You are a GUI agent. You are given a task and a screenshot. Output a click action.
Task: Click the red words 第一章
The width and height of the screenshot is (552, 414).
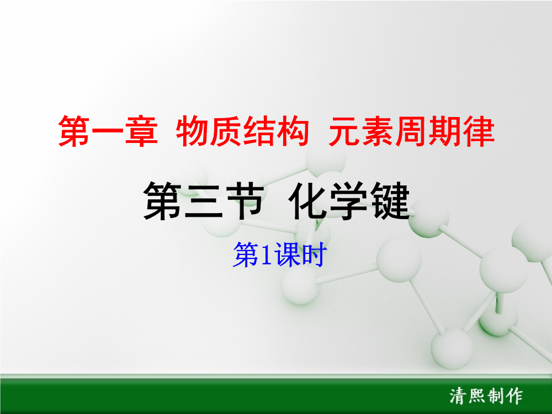tap(108, 131)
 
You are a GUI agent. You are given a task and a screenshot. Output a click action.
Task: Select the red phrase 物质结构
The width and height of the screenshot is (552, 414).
tap(242, 131)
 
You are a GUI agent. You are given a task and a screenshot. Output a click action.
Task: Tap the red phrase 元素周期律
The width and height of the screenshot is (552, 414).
tap(412, 131)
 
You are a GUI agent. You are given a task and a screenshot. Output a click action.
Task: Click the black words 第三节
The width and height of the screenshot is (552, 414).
tap(204, 201)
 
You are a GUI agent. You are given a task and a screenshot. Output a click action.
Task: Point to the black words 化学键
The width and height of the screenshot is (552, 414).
tap(349, 201)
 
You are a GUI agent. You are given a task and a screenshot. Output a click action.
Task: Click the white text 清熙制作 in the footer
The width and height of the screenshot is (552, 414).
tap(486, 396)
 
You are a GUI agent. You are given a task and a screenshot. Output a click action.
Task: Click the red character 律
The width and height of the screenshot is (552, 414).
tap(479, 131)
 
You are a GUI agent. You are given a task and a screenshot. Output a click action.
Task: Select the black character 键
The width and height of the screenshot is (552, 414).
tap(390, 201)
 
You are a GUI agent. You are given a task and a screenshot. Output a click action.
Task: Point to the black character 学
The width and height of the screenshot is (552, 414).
tap(349, 201)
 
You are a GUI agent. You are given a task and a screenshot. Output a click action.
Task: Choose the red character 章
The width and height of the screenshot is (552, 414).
tap(141, 131)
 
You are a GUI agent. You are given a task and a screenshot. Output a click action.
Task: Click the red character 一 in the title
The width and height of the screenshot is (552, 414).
tap(108, 132)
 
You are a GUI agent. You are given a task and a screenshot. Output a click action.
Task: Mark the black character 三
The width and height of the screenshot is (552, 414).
tap(204, 201)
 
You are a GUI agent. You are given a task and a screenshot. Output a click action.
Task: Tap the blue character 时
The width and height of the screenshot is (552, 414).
tap(312, 254)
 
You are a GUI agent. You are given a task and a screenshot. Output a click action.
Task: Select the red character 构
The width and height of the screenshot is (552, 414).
tap(293, 131)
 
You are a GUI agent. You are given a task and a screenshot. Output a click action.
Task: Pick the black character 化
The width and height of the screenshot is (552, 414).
tap(308, 201)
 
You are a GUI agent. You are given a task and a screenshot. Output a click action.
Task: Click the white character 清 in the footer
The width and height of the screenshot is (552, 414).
tap(458, 396)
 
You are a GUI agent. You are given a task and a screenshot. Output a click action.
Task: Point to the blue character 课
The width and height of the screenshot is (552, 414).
tap(287, 254)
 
